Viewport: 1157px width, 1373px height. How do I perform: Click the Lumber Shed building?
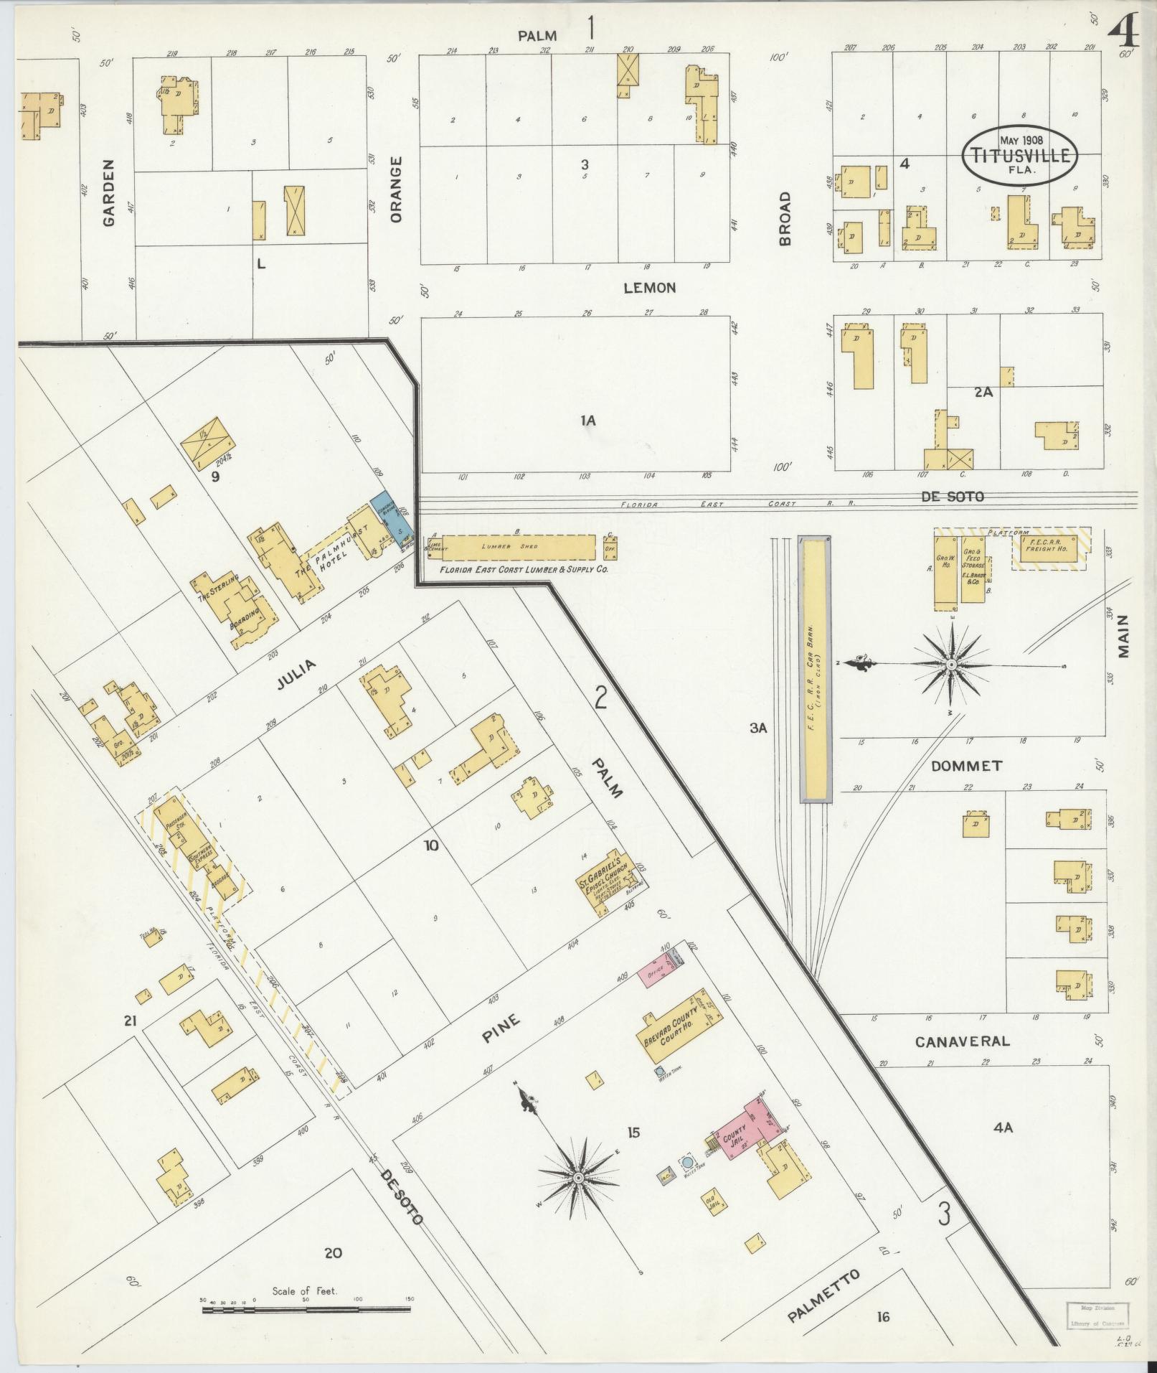(520, 547)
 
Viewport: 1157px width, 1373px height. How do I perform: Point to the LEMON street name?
(649, 288)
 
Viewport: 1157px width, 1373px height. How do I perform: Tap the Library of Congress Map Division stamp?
(1095, 1315)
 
